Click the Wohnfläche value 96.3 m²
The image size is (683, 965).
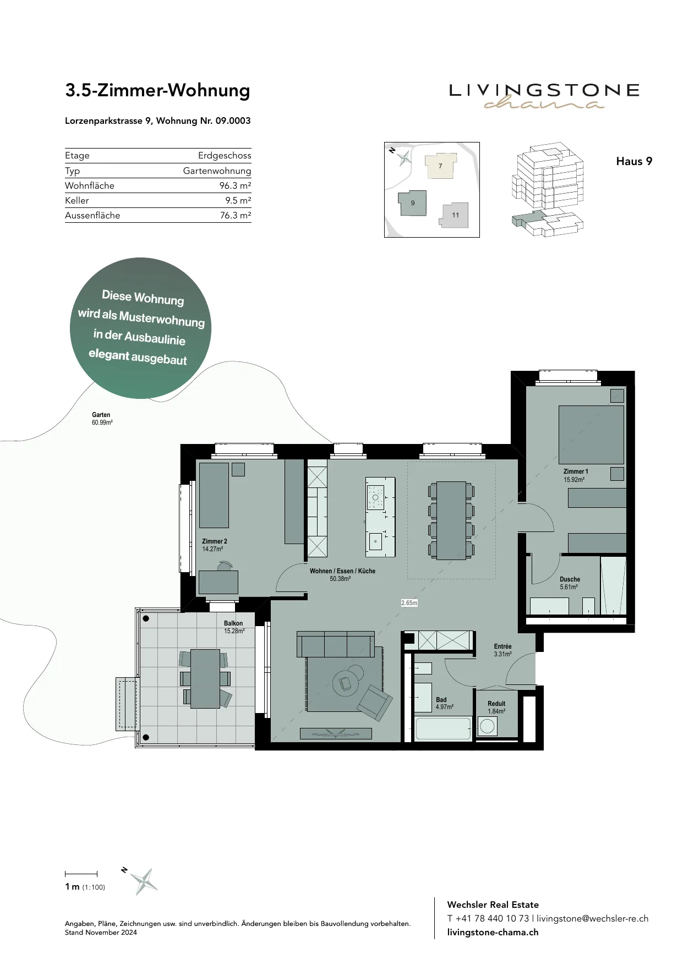(x=235, y=185)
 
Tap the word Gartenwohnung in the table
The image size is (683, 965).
(x=217, y=171)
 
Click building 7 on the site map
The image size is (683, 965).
(x=440, y=165)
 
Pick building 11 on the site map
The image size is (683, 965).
(x=455, y=215)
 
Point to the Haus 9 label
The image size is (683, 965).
(x=634, y=161)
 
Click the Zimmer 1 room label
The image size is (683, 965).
(x=576, y=471)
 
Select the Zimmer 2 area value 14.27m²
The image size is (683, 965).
(x=212, y=549)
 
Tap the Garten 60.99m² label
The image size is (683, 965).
(x=102, y=419)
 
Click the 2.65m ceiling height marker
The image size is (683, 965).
(x=409, y=603)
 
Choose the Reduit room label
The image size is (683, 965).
(x=496, y=704)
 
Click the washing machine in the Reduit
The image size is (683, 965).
(x=487, y=726)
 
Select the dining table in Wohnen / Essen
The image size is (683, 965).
(x=451, y=520)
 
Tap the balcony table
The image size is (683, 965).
(x=205, y=678)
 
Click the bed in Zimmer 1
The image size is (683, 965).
(x=591, y=435)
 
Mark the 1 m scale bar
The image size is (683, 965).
(x=81, y=873)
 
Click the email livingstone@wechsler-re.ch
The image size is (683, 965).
(x=593, y=918)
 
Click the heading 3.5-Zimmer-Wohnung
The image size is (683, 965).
(x=157, y=90)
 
